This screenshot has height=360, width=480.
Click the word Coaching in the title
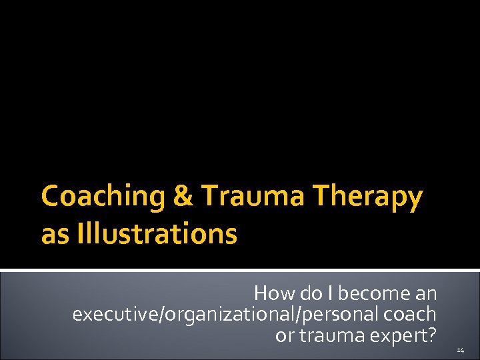point(95,197)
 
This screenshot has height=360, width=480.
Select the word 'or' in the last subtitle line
point(285,335)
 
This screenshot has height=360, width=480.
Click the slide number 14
point(461,349)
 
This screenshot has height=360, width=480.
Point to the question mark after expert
point(431,335)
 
